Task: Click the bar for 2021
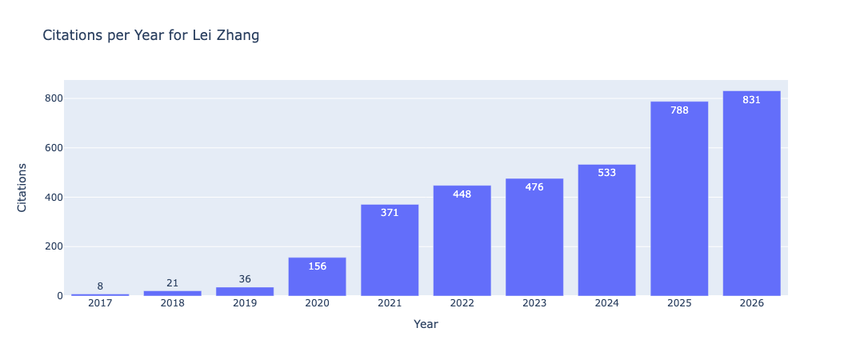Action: point(390,250)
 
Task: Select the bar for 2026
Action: point(751,193)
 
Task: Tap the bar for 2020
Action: point(317,276)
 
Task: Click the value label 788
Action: point(679,110)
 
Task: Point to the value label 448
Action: point(462,194)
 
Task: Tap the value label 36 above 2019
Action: point(245,279)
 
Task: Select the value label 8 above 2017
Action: point(100,286)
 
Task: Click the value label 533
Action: point(606,173)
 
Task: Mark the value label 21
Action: point(172,283)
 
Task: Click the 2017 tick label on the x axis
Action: point(100,303)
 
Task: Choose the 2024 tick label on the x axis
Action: point(606,303)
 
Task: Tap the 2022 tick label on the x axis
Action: point(462,303)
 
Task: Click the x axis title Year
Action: point(426,324)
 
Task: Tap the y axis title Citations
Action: point(22,187)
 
